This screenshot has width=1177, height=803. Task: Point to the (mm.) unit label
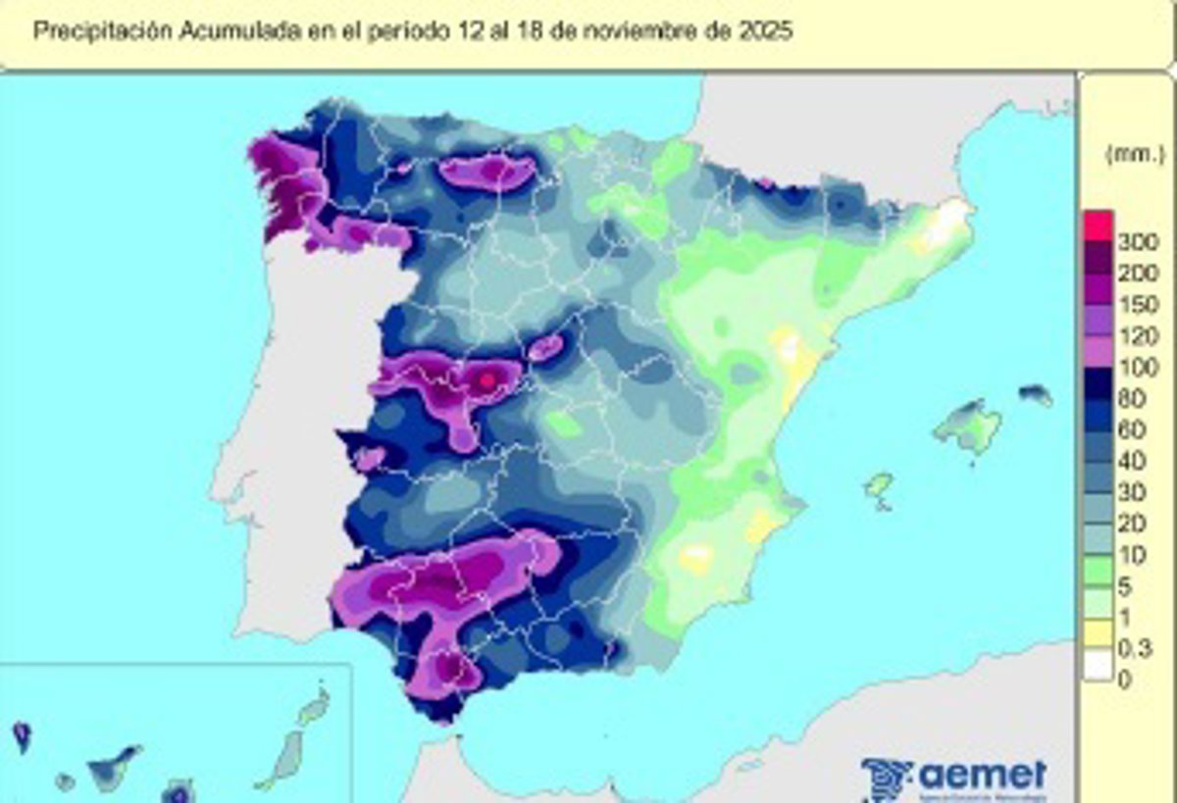(1135, 154)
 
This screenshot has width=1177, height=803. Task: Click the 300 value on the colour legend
(1137, 242)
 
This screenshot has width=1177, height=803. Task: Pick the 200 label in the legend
(1137, 274)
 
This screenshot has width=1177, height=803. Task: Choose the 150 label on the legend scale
(1137, 305)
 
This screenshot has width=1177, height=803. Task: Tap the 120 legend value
(1137, 336)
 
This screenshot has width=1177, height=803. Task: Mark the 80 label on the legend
(1132, 399)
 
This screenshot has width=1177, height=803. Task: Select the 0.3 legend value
(1134, 648)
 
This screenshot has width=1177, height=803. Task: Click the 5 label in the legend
(1124, 586)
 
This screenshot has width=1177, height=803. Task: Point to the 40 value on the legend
(1132, 461)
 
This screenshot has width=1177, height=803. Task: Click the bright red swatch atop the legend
(1098, 226)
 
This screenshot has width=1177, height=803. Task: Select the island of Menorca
(1036, 394)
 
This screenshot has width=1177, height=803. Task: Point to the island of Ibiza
(879, 485)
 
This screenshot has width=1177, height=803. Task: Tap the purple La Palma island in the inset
(22, 733)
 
